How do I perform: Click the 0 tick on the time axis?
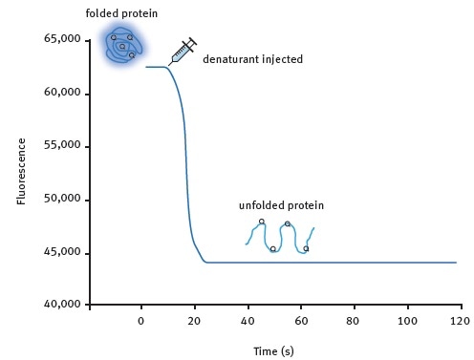141,321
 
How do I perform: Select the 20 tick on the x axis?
195,321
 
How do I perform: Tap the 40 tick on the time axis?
248,321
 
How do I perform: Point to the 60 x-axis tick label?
300,321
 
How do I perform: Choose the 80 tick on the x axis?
354,321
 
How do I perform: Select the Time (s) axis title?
273,350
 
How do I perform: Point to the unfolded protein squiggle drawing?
280,236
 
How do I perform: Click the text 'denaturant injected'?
252,59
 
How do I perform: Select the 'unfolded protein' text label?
281,205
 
